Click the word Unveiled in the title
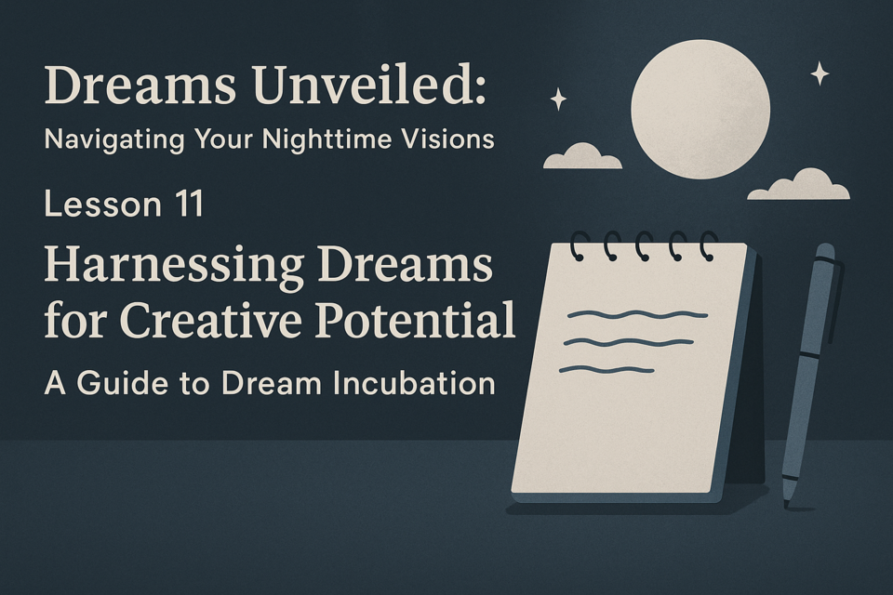coord(370,85)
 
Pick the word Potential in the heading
coord(415,320)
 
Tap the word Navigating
coord(114,139)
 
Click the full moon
coord(700,110)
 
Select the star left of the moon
coord(558,99)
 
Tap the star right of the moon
coord(820,73)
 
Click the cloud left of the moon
coord(582,156)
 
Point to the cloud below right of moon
coord(798,184)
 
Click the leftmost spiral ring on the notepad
coord(577,246)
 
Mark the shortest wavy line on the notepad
coord(606,370)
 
